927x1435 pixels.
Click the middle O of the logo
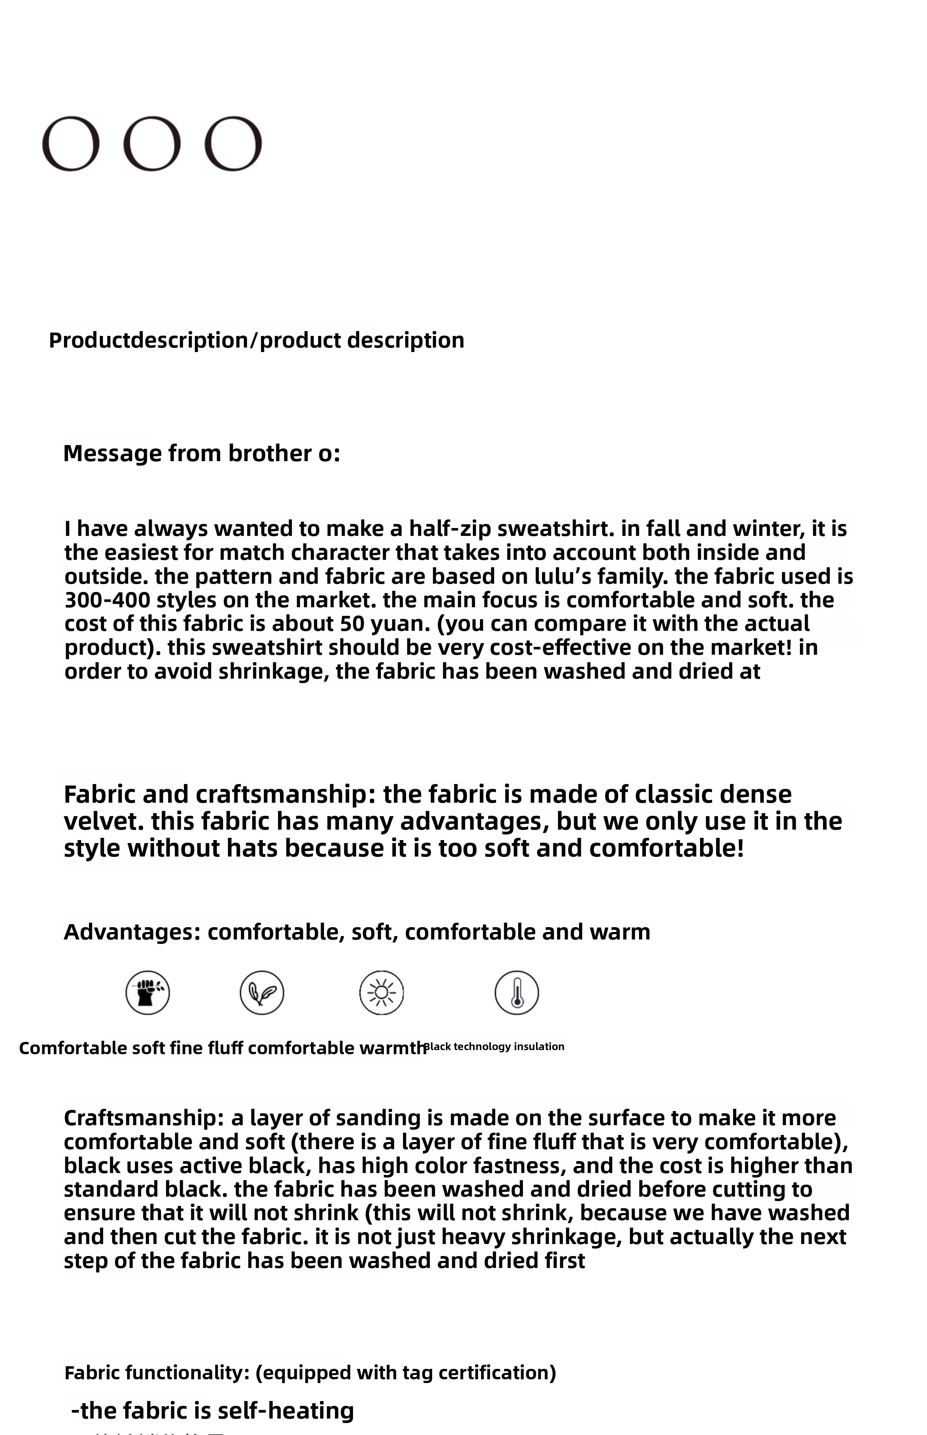point(152,144)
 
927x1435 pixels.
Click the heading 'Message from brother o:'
point(201,453)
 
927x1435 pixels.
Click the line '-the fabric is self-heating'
point(212,1410)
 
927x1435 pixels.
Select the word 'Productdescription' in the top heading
point(148,340)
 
